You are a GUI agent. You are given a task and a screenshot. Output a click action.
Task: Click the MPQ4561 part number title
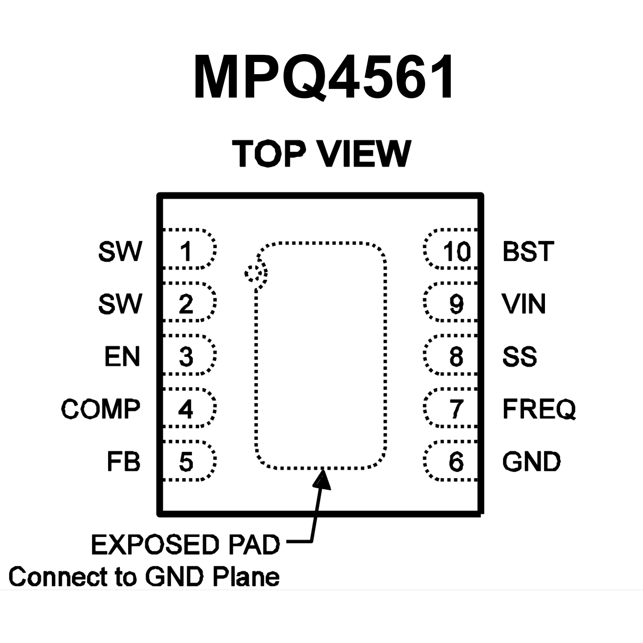coord(323,77)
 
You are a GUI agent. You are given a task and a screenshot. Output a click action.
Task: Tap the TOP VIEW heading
coord(322,153)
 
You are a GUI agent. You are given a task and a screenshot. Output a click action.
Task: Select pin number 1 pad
coord(186,251)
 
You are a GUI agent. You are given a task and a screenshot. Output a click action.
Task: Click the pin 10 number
coord(457,251)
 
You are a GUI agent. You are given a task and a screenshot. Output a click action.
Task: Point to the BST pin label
coord(528,251)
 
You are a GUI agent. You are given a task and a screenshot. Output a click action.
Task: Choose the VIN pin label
coord(524,304)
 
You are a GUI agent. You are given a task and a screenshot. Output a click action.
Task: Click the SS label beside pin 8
coord(519,357)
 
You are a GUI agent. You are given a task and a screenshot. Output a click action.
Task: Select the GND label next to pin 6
coord(531,462)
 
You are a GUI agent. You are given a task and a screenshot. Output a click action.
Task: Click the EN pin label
coord(122,357)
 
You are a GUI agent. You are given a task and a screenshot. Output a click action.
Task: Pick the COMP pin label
coord(101,409)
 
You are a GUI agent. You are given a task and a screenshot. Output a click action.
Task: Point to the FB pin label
coord(124,462)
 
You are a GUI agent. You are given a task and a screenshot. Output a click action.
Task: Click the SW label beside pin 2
coord(120,304)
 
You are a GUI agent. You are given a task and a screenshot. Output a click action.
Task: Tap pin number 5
coord(186,462)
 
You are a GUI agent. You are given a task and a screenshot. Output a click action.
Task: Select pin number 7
coord(456,409)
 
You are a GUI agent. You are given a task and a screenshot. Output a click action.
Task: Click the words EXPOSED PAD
coord(185,545)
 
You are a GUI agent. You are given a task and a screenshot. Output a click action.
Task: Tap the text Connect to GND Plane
coord(144,577)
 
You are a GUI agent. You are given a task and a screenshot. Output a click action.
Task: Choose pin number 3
coord(186,357)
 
